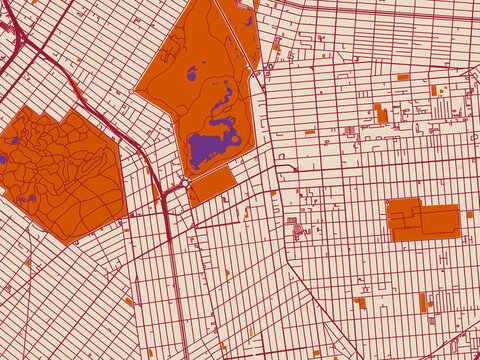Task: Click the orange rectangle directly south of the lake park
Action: tap(212, 185)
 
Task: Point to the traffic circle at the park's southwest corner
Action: tap(186, 183)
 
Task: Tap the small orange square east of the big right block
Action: tap(469, 213)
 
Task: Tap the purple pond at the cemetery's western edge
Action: tap(3, 158)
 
